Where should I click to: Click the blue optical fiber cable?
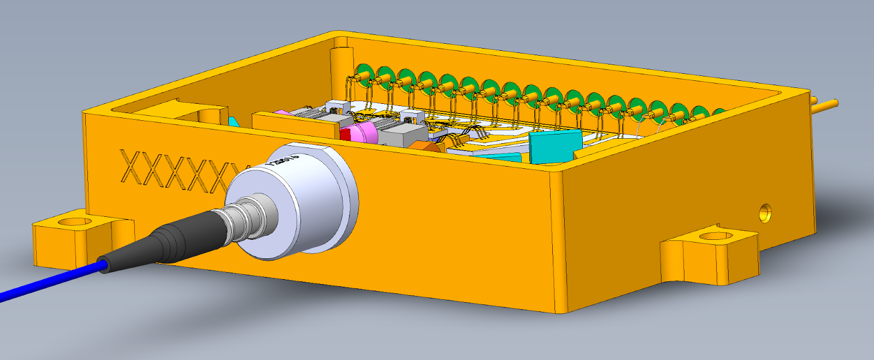pos(49,281)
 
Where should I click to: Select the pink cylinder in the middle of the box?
pos(363,132)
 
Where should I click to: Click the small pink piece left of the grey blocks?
pos(282,112)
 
